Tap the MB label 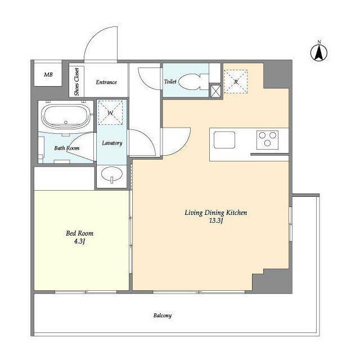tap(48, 75)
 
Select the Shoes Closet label tap(76, 82)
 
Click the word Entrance tap(106, 82)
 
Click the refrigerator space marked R tap(236, 82)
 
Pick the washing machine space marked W tap(110, 112)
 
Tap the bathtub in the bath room tap(66, 116)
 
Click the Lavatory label tap(112, 143)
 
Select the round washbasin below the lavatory tap(112, 175)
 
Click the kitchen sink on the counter tap(224, 139)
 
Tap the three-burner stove tap(267, 140)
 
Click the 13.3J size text tap(216, 221)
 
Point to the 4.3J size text tap(79, 241)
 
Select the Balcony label tap(163, 316)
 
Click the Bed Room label tap(79, 233)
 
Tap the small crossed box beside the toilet tap(215, 91)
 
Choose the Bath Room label tap(66, 148)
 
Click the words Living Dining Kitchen tap(216, 213)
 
